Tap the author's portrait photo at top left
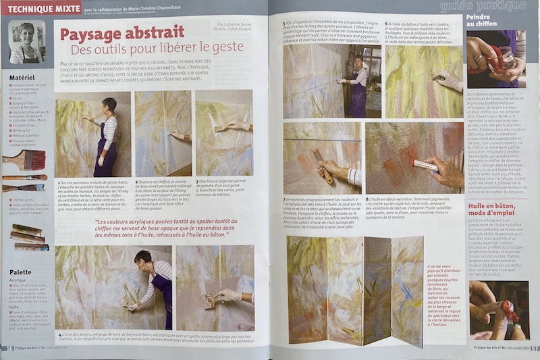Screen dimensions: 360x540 coord(26,42)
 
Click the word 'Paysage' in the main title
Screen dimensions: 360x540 coord(93,32)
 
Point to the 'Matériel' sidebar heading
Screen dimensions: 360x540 coord(22,78)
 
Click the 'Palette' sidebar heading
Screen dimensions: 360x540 coord(20,272)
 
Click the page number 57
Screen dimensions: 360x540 coord(534,349)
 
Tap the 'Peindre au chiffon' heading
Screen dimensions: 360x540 coord(484,20)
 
